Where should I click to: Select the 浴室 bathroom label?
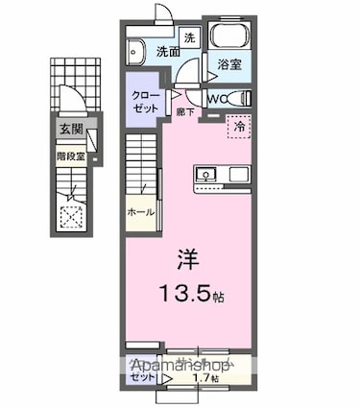229,65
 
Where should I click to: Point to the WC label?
217,97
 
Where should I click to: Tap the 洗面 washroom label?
169,50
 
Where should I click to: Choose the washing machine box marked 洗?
190,37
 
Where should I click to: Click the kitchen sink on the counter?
208,175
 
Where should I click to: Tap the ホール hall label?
140,212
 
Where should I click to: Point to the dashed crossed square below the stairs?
70,217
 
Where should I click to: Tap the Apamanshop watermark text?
178,366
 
